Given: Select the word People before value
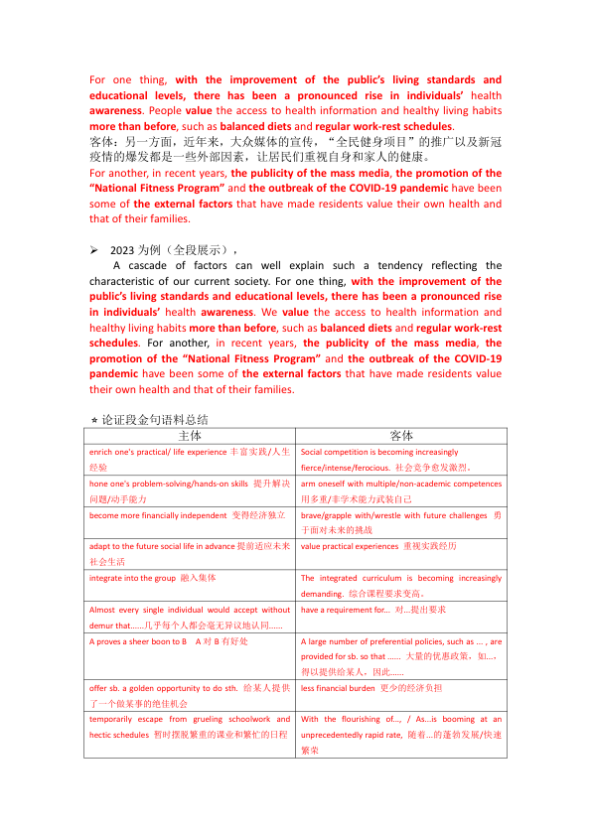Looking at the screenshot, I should coord(168,111).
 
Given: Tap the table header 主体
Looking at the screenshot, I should coord(190,435).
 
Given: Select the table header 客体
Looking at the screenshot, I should coord(401,435).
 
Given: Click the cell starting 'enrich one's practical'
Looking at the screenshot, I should coord(190,459).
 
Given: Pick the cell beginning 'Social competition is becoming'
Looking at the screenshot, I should coord(401,459).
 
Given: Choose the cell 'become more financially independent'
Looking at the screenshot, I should coord(190,516).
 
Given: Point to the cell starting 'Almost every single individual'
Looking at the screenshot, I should coord(190,617).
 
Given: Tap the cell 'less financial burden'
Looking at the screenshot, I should coord(401,687).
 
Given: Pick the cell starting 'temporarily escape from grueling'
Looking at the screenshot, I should coord(190,726).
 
